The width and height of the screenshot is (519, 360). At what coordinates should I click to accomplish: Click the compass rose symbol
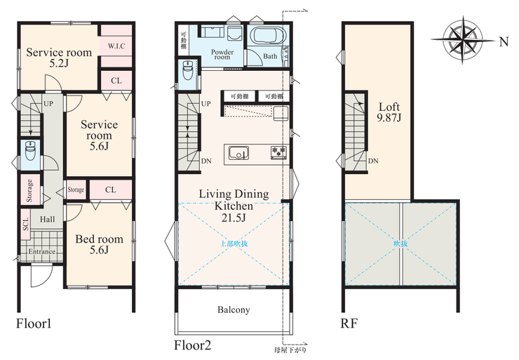click(x=463, y=40)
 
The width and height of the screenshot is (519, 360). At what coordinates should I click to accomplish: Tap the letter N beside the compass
click(x=504, y=41)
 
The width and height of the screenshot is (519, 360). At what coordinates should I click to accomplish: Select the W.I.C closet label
click(x=116, y=46)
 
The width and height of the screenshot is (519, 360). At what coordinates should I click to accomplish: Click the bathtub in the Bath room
click(x=268, y=36)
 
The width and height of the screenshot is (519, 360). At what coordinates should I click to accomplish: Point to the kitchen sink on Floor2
click(x=238, y=154)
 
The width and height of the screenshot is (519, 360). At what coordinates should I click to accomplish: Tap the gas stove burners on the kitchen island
click(x=278, y=153)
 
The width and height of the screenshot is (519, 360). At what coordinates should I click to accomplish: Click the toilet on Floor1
click(x=30, y=151)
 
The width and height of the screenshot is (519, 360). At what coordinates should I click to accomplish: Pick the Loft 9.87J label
click(x=389, y=112)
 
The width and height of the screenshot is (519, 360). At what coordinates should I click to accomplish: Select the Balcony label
click(x=234, y=309)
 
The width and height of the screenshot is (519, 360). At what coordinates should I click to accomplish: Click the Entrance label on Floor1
click(x=41, y=251)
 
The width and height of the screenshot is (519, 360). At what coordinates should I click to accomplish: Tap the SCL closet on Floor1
click(x=25, y=224)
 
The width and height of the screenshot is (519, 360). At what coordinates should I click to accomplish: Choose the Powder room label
click(x=222, y=54)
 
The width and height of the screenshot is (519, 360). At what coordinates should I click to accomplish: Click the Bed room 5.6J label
click(x=100, y=244)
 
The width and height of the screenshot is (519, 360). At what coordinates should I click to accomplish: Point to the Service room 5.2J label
click(x=59, y=58)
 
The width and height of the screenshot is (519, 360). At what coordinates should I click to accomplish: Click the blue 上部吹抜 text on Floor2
click(x=234, y=244)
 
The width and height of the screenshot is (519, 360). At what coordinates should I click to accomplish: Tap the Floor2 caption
click(x=193, y=345)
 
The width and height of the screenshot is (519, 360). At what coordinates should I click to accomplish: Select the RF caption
click(x=349, y=324)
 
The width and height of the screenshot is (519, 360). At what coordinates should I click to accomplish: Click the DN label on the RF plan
click(x=373, y=161)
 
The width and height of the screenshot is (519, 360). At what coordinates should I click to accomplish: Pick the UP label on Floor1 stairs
click(x=48, y=104)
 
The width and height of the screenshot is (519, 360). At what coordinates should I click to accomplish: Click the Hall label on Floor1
click(x=47, y=219)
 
